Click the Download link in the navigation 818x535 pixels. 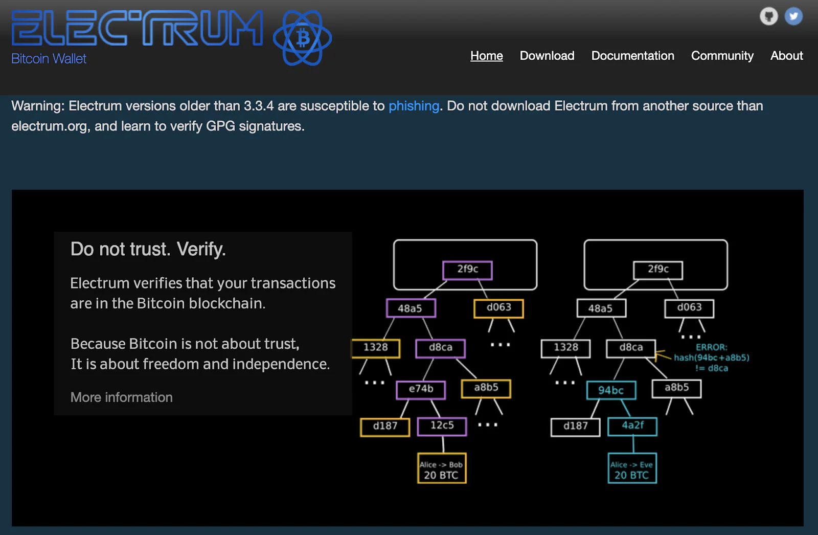547,56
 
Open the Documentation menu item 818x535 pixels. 632,56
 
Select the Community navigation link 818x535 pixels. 722,56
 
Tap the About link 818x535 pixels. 787,56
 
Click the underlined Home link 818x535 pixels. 486,56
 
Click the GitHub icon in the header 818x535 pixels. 769,16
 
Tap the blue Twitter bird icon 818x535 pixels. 793,16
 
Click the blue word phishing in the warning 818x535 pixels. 414,106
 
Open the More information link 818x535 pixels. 122,397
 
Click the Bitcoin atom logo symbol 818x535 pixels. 302,38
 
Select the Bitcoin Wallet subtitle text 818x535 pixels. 49,58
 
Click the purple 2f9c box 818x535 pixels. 467,271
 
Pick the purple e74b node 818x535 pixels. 421,390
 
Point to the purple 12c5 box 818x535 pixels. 442,427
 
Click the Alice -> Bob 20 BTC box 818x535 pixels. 442,468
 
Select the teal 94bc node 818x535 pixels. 611,390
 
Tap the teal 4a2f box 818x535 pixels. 632,427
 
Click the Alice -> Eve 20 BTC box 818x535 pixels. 632,468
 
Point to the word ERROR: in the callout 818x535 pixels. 711,347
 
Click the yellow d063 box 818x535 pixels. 498,308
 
